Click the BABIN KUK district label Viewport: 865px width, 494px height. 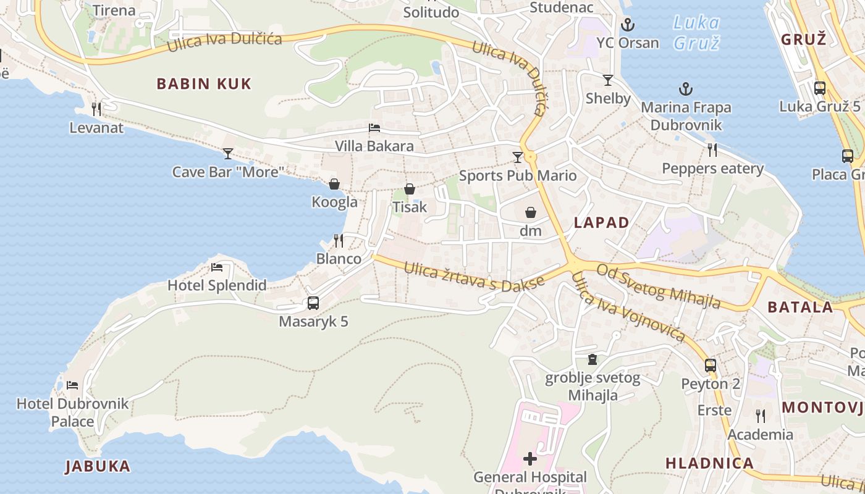(204, 84)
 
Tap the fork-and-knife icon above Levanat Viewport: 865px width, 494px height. (96, 109)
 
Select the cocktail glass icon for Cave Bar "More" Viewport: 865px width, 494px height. (228, 153)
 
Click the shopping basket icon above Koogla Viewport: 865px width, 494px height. (334, 184)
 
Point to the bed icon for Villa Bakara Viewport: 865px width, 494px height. (374, 128)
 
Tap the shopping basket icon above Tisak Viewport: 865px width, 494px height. (410, 189)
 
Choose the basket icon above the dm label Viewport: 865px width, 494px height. (531, 213)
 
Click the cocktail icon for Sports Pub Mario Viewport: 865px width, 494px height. (518, 157)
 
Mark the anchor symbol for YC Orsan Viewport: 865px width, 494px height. (628, 25)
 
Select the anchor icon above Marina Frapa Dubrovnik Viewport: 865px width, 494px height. (686, 90)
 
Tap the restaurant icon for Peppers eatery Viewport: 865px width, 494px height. (712, 149)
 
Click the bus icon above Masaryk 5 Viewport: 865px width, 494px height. (313, 303)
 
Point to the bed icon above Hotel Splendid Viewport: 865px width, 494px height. (217, 267)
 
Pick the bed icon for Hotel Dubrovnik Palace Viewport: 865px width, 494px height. (72, 385)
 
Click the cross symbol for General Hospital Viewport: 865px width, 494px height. (530, 459)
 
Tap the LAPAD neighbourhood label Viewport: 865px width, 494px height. (602, 223)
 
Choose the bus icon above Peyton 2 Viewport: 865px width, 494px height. (711, 365)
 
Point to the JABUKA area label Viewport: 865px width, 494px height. (98, 466)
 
